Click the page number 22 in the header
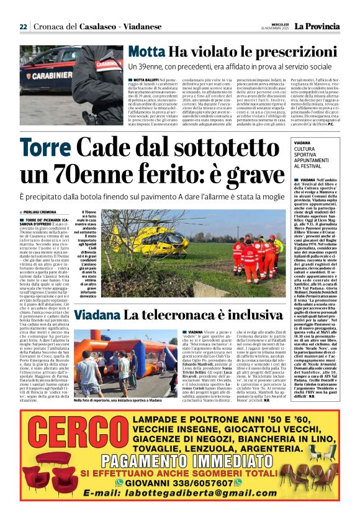pos(23,27)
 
